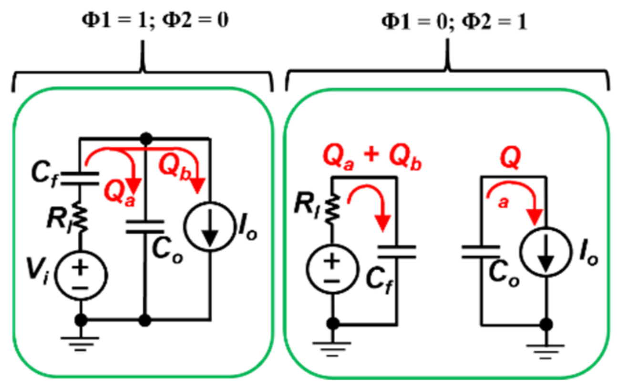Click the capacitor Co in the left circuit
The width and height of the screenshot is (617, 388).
pyautogui.click(x=145, y=226)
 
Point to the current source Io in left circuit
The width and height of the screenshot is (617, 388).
pyautogui.click(x=210, y=226)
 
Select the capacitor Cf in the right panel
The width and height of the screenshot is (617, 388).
pyautogui.click(x=397, y=252)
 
